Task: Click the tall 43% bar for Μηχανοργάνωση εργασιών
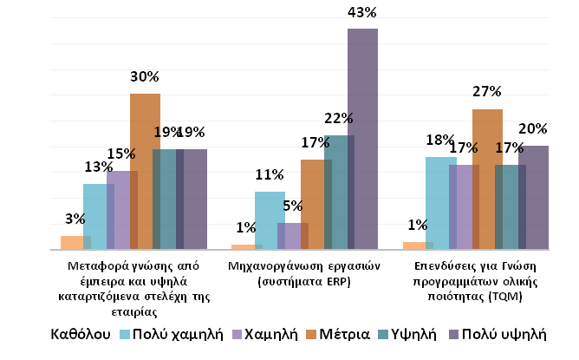(x=362, y=139)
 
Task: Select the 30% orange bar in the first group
(x=146, y=171)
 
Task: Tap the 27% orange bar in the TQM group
(x=487, y=179)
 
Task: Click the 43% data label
(x=361, y=13)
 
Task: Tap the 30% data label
(x=145, y=77)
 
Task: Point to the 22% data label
(x=339, y=119)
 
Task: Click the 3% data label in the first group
(x=75, y=220)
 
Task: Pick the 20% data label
(x=532, y=129)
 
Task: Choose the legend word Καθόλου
(x=79, y=334)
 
